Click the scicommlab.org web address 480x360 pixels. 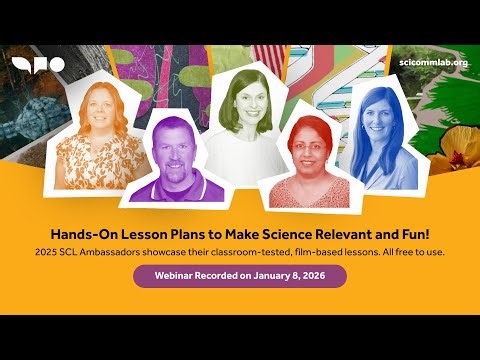[x=433, y=63]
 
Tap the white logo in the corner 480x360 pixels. [x=38, y=64]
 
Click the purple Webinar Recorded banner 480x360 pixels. [x=240, y=275]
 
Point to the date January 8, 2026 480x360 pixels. [x=294, y=275]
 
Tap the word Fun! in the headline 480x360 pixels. [x=386, y=232]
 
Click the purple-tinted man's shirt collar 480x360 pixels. [x=171, y=180]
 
